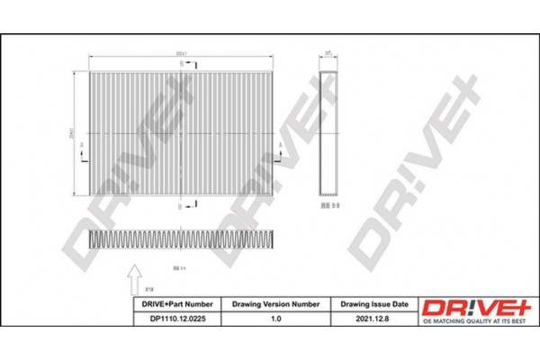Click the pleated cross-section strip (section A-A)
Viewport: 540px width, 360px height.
[179, 239]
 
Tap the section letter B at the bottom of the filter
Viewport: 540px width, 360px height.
[180, 205]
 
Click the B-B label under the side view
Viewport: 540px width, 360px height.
[329, 204]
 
